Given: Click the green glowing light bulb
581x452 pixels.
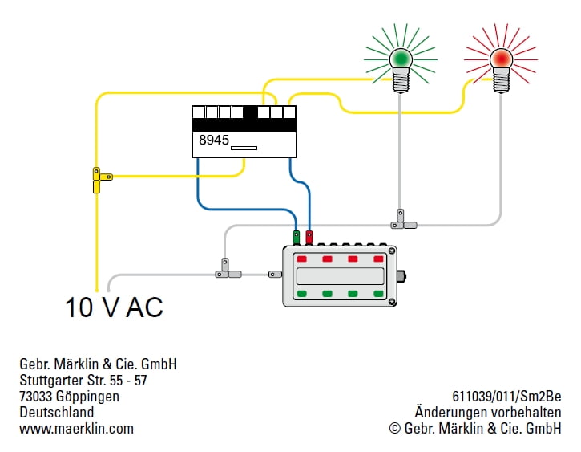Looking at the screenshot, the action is (x=401, y=70).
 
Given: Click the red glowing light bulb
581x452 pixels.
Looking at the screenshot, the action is (x=501, y=70).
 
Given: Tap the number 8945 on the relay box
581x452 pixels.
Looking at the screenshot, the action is (x=214, y=140).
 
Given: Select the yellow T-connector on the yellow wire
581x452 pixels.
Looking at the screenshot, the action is (x=101, y=180).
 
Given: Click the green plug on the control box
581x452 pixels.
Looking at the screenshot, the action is (x=296, y=237).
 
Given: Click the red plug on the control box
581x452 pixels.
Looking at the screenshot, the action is (x=309, y=237).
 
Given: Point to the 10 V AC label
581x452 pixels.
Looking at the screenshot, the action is (x=114, y=307).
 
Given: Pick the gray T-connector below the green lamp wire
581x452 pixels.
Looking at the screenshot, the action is (x=403, y=221).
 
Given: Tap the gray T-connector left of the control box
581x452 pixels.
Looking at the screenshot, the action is (x=227, y=271).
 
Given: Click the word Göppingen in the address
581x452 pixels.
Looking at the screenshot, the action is (x=87, y=397).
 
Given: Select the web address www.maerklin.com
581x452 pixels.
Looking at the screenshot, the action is (x=76, y=429).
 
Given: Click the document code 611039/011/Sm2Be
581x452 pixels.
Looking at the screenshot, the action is (x=506, y=397).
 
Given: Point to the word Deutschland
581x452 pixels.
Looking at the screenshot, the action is (x=57, y=413).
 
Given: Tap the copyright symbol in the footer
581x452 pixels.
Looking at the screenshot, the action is (x=395, y=428).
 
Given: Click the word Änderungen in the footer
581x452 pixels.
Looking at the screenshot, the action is (x=447, y=413).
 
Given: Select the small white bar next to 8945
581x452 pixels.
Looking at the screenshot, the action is (x=244, y=148).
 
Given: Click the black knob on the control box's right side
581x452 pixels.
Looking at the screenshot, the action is (x=401, y=276).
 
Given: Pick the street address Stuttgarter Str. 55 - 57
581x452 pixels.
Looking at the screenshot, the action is (x=83, y=381).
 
